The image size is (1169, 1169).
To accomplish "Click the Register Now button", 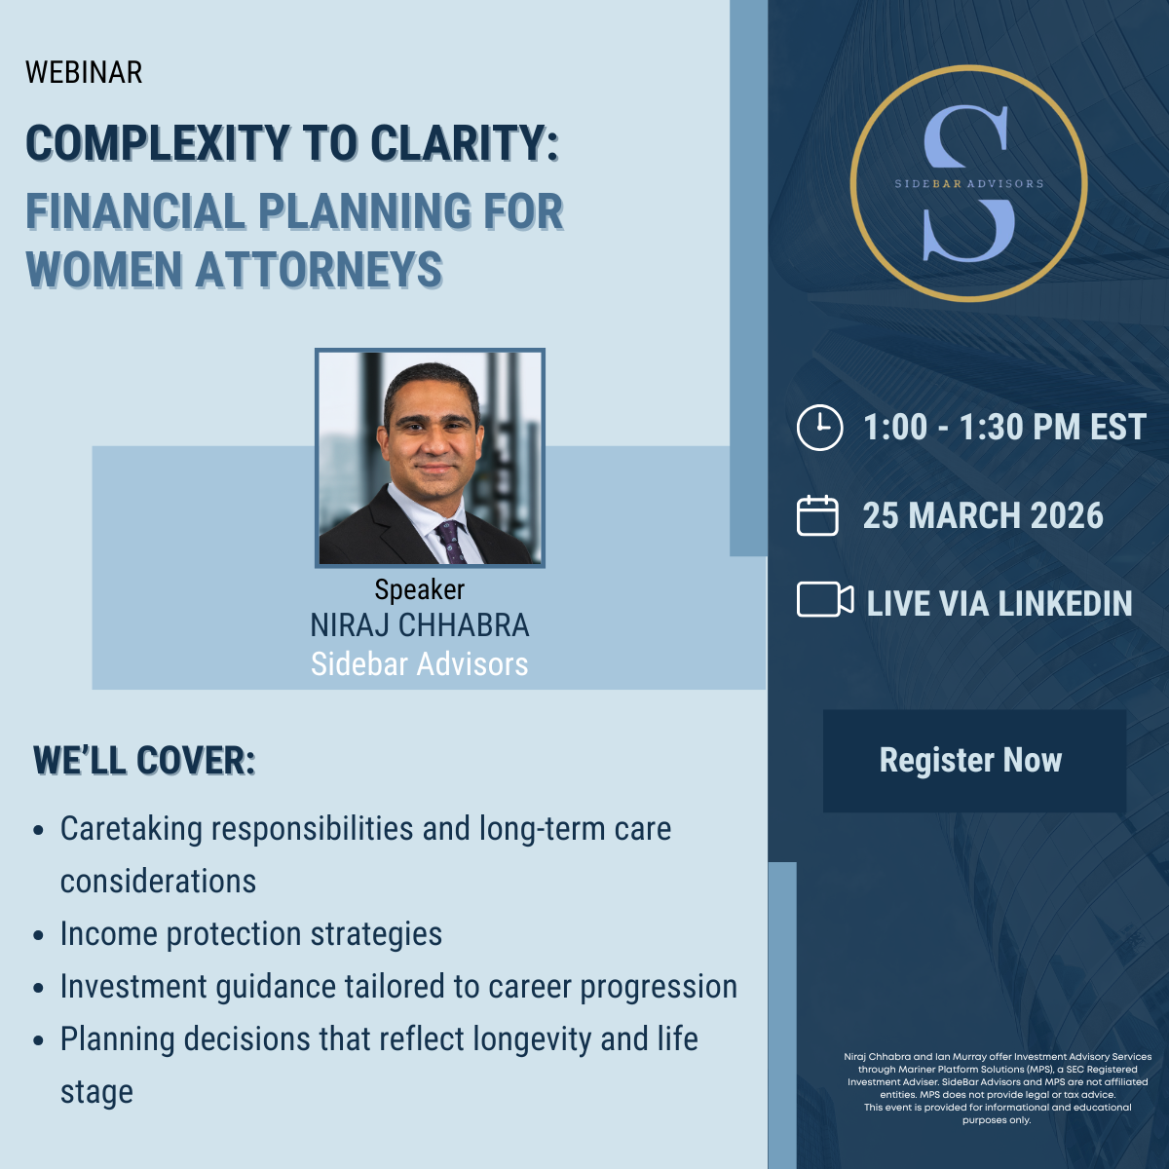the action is click(x=974, y=761).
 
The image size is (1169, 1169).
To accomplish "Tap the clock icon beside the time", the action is click(x=819, y=427).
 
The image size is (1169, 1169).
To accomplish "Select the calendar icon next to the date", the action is click(x=817, y=515).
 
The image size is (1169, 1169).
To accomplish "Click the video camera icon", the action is click(x=825, y=599).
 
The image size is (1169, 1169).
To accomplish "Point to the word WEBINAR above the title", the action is click(x=84, y=73).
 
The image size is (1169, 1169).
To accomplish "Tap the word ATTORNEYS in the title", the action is click(x=320, y=269).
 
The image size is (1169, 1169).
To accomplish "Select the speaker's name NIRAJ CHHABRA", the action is click(x=420, y=625).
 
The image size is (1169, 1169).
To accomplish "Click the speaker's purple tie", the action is click(x=451, y=541).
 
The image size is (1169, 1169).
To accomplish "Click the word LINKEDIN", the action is click(x=1065, y=604).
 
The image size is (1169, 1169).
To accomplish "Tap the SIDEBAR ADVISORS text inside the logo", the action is click(x=968, y=184).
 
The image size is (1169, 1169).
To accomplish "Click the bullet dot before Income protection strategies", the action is click(x=38, y=935).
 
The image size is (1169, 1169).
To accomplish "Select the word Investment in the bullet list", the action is click(x=133, y=987).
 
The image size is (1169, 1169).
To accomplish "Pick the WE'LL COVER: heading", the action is click(x=144, y=761).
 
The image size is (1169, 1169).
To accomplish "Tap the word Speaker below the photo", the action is click(x=420, y=589).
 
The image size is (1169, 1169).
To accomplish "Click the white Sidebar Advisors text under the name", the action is click(x=420, y=664).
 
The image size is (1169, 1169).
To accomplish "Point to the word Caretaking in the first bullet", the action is click(x=132, y=830).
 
